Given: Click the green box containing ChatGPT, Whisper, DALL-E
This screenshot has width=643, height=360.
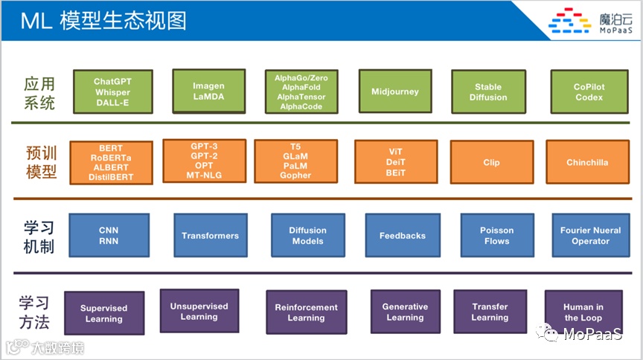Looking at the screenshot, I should [x=112, y=92].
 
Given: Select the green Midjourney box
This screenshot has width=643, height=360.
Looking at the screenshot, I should [x=394, y=92].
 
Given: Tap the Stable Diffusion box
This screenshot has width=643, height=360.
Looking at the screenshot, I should [x=488, y=92].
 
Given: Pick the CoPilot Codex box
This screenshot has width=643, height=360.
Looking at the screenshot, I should [x=589, y=92].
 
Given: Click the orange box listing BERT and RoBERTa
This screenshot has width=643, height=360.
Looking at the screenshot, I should [x=110, y=163].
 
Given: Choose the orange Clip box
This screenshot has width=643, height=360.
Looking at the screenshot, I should [x=491, y=162].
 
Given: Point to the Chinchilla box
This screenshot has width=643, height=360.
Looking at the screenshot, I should [x=587, y=162].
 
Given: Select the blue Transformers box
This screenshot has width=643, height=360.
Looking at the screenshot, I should [x=210, y=236].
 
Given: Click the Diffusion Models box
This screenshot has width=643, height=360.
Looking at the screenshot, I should [x=307, y=236].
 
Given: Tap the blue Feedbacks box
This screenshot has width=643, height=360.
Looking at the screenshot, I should [x=402, y=236].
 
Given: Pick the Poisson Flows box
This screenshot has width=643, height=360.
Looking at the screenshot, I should [x=496, y=236].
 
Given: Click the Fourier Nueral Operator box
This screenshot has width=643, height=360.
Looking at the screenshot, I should [x=590, y=236].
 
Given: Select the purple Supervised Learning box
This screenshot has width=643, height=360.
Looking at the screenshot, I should [x=103, y=313].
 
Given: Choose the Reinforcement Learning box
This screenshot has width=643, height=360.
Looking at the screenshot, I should [x=306, y=312].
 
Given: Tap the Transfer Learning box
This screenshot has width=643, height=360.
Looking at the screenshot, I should [x=489, y=312].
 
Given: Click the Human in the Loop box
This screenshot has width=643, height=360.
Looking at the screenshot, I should [x=583, y=312].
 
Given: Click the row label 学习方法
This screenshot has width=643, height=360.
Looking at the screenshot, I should [x=34, y=312].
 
